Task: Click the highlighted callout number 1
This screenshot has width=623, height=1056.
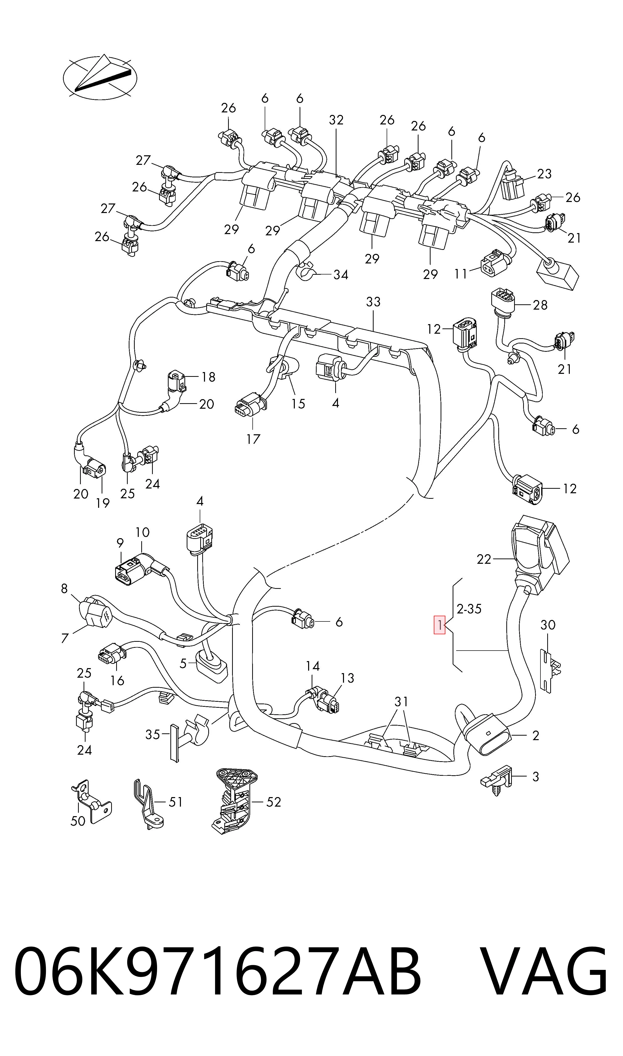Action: pyautogui.click(x=439, y=625)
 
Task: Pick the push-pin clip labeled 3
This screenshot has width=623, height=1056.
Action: pyautogui.click(x=498, y=781)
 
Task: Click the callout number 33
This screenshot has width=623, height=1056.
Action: pyautogui.click(x=373, y=301)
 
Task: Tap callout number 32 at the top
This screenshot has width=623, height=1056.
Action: pyautogui.click(x=336, y=120)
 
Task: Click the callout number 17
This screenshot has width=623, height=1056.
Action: pyautogui.click(x=253, y=439)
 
